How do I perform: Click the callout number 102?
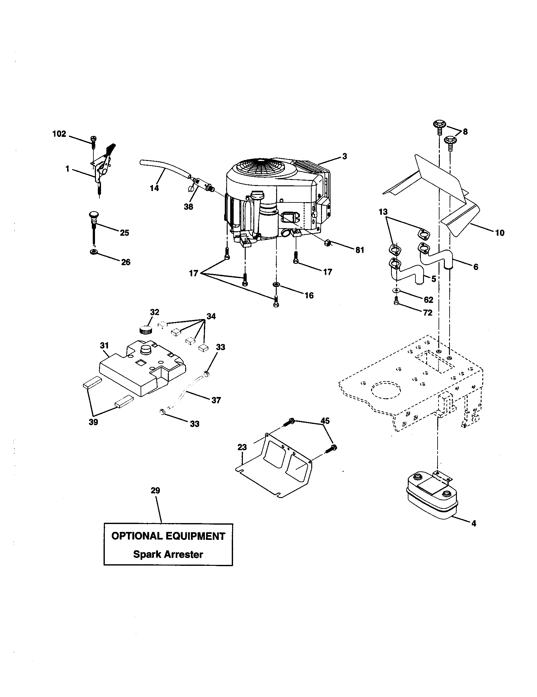(59, 134)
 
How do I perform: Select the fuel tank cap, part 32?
(146, 329)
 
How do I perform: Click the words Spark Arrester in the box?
(168, 554)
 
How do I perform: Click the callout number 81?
(360, 250)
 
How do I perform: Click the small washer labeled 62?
(396, 291)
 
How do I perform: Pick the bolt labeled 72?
(396, 300)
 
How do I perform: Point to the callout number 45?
(325, 421)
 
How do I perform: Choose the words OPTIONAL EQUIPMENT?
(168, 536)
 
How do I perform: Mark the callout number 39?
(93, 422)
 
